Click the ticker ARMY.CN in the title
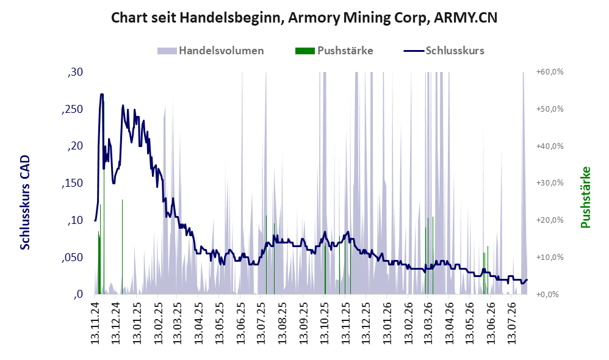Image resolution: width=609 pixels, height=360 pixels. [x=466, y=18]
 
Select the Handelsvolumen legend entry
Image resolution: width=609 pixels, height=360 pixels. [x=211, y=51]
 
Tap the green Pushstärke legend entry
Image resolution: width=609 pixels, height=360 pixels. [x=334, y=51]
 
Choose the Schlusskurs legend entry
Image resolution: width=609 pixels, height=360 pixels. [x=444, y=51]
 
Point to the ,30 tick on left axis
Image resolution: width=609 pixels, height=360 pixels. [x=75, y=72]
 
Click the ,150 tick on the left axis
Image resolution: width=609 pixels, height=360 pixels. [x=72, y=183]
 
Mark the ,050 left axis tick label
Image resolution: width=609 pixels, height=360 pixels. [x=72, y=257]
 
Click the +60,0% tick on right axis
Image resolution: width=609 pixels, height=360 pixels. [x=550, y=72]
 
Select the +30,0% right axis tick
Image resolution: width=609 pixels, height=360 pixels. [x=550, y=183]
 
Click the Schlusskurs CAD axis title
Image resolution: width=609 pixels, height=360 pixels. [x=25, y=203]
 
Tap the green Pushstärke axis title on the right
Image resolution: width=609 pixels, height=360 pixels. [x=585, y=197]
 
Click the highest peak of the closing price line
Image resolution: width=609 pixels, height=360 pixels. [x=102, y=94]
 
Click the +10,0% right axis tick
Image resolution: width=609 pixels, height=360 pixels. [x=550, y=257]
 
